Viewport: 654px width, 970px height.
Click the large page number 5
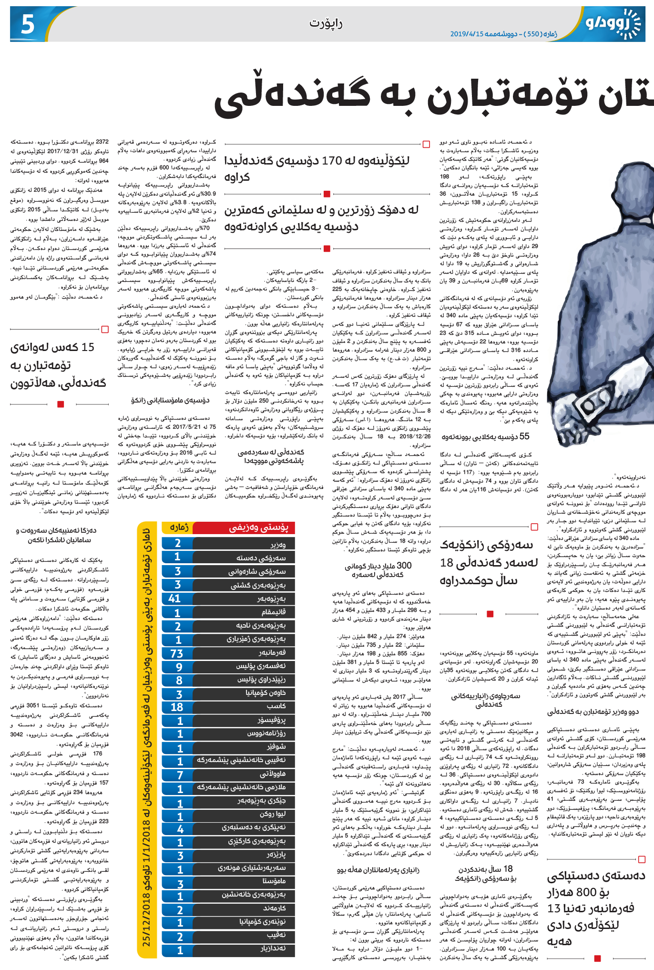[x=28, y=24]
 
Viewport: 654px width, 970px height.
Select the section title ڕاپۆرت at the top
[x=327, y=23]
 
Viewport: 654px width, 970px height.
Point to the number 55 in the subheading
[x=524, y=436]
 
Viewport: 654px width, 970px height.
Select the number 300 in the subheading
[x=404, y=566]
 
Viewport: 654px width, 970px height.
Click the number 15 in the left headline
[x=88, y=348]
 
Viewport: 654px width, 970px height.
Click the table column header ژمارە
[x=179, y=527]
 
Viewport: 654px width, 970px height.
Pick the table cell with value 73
[x=177, y=653]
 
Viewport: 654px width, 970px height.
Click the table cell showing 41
[x=174, y=599]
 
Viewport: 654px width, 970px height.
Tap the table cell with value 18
[x=177, y=707]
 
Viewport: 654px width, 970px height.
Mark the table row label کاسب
[x=276, y=706]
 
